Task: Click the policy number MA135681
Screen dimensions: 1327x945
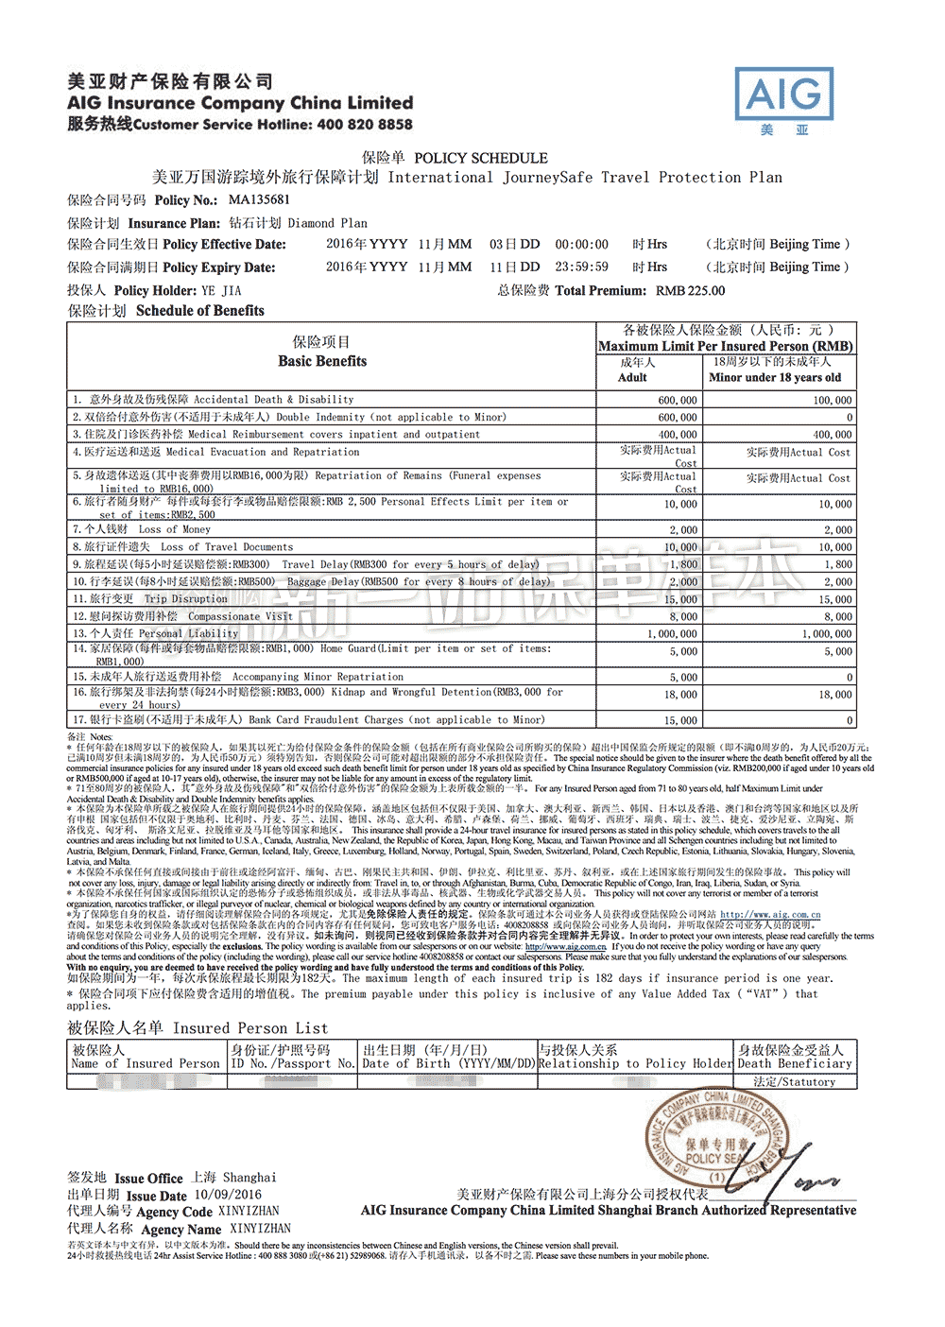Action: point(259,199)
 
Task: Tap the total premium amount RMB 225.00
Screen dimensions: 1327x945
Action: point(690,290)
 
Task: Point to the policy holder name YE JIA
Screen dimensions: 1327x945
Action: point(221,290)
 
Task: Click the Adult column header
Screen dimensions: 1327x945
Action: point(632,377)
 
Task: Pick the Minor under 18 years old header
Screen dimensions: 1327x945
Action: point(774,377)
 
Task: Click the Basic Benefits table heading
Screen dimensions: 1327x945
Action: point(322,361)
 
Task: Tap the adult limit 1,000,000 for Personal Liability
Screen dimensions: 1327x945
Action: point(672,633)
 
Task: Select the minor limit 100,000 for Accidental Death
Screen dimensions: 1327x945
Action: point(832,400)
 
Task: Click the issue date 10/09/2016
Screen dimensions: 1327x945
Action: point(228,1195)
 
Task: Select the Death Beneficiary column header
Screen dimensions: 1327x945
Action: point(795,1063)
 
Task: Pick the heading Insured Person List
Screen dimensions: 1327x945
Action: point(249,1027)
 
